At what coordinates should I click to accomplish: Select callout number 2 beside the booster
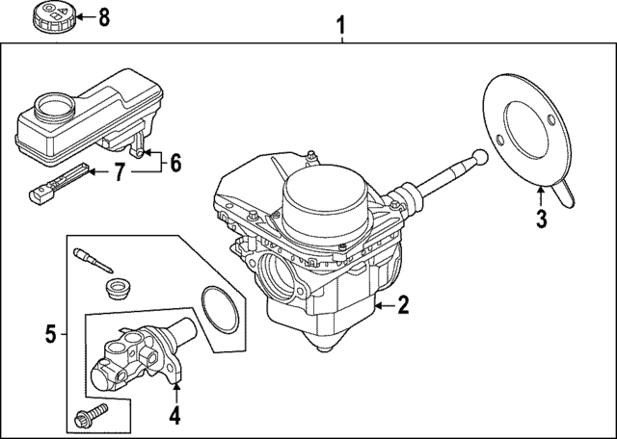[x=403, y=306]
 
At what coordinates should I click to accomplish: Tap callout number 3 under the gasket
[x=541, y=219]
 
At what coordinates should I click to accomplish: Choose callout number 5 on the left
[x=50, y=334]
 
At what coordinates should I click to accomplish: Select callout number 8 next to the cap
[x=104, y=16]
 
